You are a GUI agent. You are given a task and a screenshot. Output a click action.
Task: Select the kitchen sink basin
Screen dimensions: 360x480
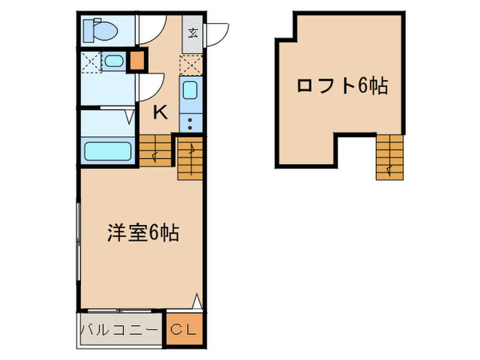coord(191,91)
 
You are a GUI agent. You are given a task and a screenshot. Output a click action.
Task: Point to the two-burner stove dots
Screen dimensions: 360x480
coord(191,122)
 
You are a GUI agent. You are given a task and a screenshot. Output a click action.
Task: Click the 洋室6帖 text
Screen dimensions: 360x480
coord(143,233)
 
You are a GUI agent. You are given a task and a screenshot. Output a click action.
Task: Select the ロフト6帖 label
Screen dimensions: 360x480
coord(341,86)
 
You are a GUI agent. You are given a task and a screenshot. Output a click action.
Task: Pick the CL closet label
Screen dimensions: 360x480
coord(183,330)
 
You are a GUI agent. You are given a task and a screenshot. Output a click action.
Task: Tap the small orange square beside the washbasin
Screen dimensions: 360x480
coord(138,61)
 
